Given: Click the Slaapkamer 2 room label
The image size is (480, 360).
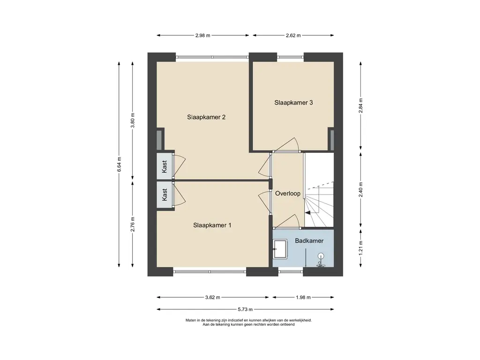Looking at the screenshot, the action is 206,117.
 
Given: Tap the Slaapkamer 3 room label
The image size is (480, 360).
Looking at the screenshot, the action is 293,103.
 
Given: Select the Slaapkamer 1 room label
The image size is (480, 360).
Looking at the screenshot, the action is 212,225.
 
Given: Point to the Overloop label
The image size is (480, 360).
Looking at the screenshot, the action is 288,194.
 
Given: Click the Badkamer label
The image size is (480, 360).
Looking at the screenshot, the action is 309,240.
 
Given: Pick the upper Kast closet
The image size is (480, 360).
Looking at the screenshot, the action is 165,166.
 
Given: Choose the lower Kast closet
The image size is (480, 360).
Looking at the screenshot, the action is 165,195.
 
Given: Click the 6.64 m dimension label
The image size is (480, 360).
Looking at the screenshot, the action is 120,164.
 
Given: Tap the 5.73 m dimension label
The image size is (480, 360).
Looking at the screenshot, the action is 245,309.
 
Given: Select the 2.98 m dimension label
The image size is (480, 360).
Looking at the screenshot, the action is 203,35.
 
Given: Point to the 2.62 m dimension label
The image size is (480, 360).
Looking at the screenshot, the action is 293,35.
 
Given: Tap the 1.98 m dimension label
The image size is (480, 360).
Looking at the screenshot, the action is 303,297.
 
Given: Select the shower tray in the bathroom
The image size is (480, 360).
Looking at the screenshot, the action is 280,248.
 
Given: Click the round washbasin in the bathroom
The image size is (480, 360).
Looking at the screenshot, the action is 321,256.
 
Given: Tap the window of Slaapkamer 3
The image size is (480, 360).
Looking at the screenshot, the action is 291,57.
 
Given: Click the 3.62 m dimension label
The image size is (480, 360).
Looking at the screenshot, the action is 212,297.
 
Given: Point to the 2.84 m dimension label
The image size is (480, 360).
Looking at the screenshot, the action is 361,105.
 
